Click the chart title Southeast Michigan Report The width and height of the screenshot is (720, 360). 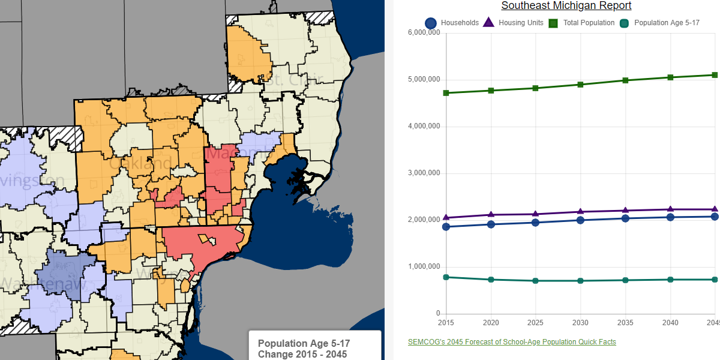coord(566,6)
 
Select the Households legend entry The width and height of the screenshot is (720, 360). coord(452,23)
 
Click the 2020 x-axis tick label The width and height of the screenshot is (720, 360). coord(491,323)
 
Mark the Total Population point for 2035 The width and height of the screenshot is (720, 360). coord(625,80)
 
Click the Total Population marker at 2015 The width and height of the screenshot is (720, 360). coord(446,93)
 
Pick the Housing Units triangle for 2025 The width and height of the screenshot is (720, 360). coord(536,214)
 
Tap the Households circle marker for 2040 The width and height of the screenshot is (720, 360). coord(670,217)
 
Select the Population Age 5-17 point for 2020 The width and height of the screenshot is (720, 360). coord(491,280)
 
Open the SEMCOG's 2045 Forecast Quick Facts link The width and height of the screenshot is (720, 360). coord(512,342)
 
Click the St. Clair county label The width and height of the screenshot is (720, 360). coord(294,79)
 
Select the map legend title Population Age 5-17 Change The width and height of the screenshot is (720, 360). coord(304,349)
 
